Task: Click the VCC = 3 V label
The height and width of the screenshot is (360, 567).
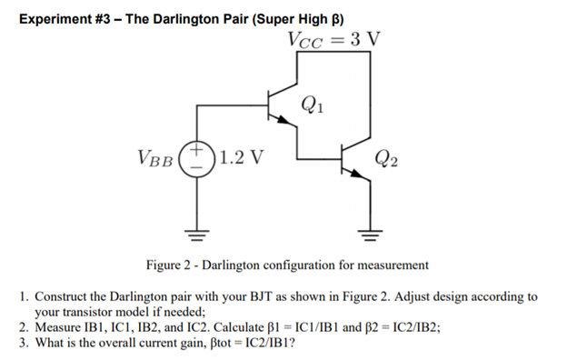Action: [x=333, y=41]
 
